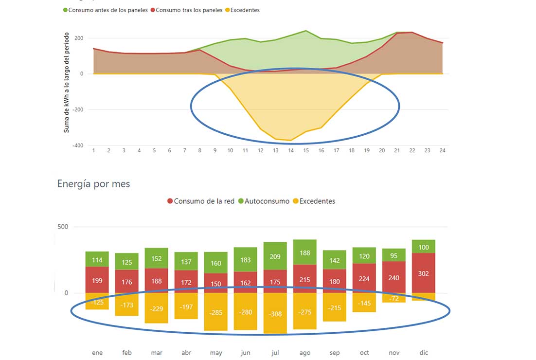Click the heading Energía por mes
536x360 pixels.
tap(93, 184)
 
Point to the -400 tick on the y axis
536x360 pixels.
tap(77, 145)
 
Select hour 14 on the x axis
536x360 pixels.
tap(291, 151)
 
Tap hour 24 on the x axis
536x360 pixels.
tap(442, 151)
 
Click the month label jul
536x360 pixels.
tap(275, 353)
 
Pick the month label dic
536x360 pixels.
tap(423, 353)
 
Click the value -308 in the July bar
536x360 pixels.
tap(275, 314)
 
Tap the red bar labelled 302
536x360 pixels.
tap(423, 273)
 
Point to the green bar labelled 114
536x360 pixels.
tap(97, 259)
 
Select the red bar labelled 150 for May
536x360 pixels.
tap(215, 284)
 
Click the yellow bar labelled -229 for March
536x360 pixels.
tap(156, 308)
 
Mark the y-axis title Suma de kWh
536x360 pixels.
tap(66, 83)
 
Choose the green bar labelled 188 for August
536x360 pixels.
tap(304, 252)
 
